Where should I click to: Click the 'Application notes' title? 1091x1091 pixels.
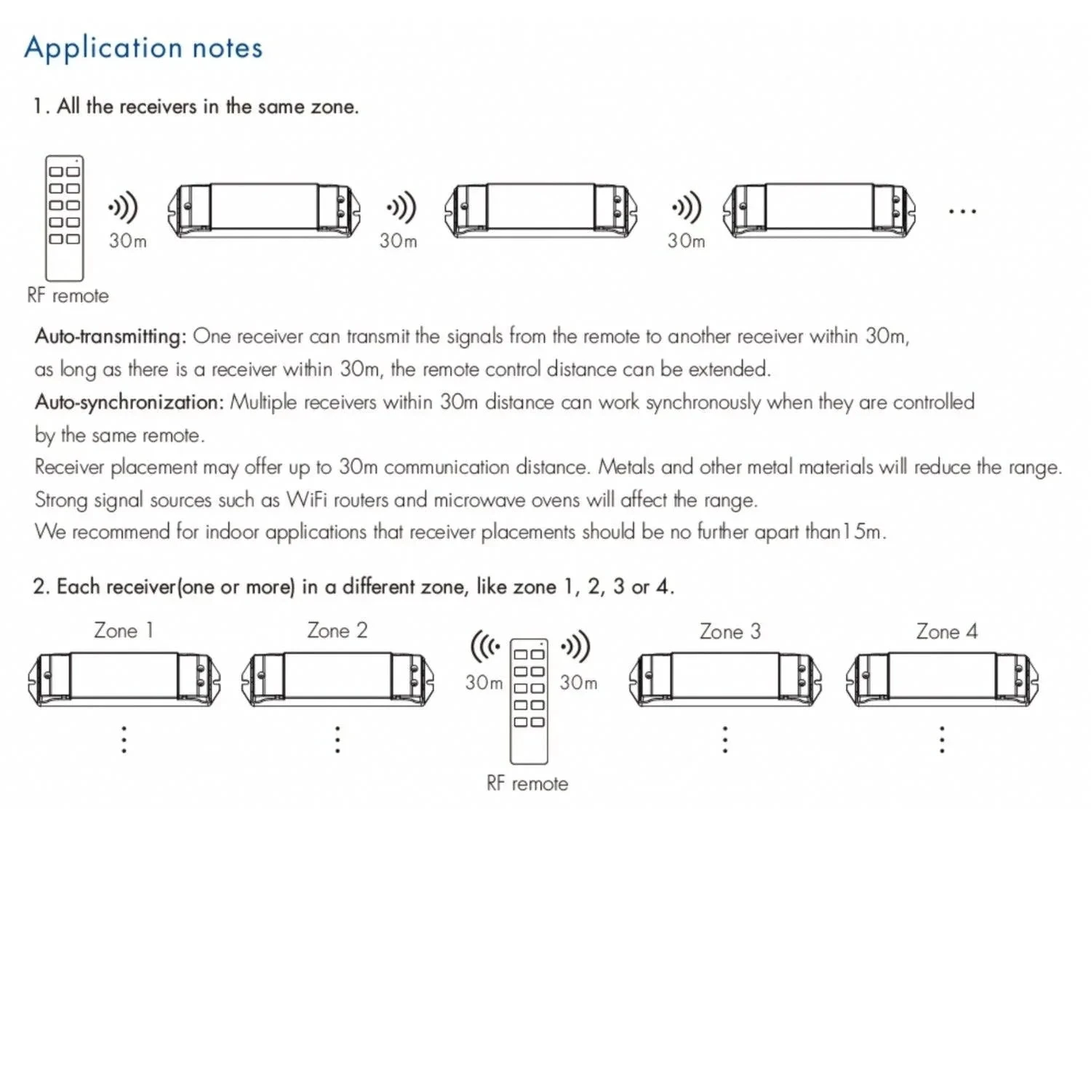pos(143,48)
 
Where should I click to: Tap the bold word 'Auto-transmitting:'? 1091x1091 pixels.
pos(111,336)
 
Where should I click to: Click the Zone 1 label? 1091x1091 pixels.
pos(123,631)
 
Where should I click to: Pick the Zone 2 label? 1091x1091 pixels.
pos(337,631)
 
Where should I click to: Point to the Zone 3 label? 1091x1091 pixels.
pos(730,631)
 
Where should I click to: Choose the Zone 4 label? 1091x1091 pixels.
pos(946,631)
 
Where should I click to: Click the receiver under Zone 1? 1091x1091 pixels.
pos(124,679)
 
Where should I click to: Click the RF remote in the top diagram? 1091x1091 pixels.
pos(65,218)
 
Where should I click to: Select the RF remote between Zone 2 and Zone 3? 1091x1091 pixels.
pos(529,701)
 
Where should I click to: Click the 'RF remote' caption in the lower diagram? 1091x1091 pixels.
pos(527,784)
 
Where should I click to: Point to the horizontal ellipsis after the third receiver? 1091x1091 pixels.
pos(962,212)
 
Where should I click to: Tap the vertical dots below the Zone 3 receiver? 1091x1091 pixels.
pos(724,739)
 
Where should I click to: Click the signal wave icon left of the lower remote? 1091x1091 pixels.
pos(485,647)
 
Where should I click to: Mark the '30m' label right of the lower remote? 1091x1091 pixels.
pos(578,683)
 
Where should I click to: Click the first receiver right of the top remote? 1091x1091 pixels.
pos(264,210)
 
